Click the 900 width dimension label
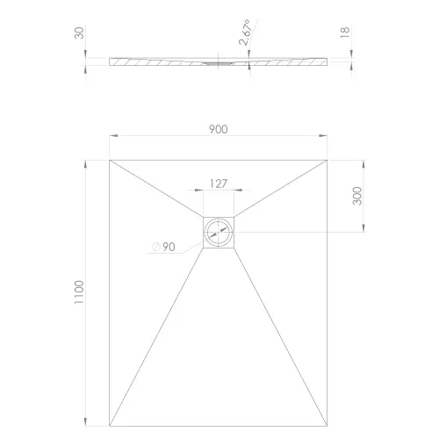coord(219,129)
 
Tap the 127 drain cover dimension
coord(219,184)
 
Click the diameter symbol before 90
coord(155,247)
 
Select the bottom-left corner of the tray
coord(109,420)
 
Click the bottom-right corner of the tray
coord(330,420)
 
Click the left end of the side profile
coord(110,61)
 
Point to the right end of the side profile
coord(329,61)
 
